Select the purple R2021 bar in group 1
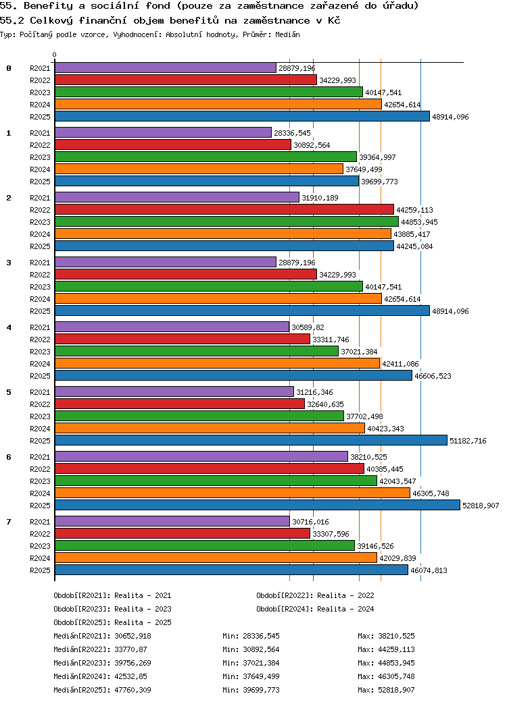(163, 132)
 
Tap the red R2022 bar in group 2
(224, 209)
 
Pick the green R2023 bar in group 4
(196, 351)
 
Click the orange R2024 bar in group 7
(216, 558)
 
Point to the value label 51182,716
(468, 441)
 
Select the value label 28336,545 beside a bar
(292, 133)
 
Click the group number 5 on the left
(9, 392)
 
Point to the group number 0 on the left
(9, 68)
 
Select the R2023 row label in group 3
(40, 287)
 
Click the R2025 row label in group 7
(40, 570)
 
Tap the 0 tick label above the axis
(55, 55)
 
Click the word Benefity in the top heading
(47, 6)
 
